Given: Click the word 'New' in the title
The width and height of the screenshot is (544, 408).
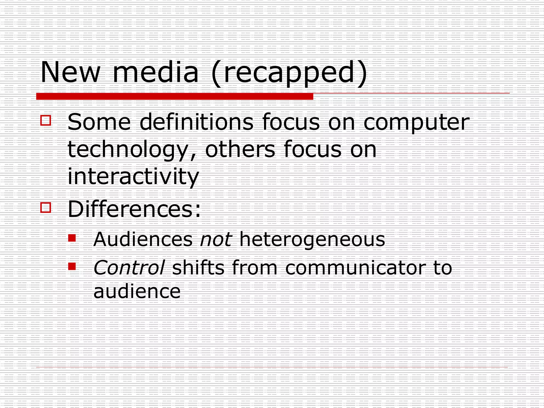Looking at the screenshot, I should [x=70, y=72].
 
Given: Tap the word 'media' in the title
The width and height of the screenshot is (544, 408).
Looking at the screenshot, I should [x=155, y=72].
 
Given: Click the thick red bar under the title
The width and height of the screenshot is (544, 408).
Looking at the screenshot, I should [x=175, y=96].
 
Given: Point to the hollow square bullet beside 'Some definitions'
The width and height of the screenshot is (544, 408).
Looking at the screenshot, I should [x=46, y=120].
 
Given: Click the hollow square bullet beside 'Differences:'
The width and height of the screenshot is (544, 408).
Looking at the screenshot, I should [x=46, y=207].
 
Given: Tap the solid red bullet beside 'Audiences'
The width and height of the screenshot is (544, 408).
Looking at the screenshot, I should [x=72, y=238].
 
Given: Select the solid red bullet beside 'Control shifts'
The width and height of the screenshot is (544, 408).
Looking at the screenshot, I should [x=72, y=266].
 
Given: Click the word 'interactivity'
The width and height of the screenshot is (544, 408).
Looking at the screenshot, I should [x=133, y=177].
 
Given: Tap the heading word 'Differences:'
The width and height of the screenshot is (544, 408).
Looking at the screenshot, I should [x=134, y=209].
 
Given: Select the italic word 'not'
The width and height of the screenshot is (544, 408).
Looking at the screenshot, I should [x=216, y=239].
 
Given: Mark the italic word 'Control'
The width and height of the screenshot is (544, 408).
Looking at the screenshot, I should [x=129, y=268].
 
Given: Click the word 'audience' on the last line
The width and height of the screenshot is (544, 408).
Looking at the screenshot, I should [x=137, y=291].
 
